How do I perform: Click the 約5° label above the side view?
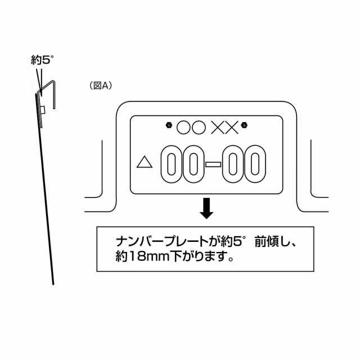point(42,60)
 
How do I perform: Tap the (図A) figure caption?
point(101,85)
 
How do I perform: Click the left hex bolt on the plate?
point(169,125)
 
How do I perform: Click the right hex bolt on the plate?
point(244,125)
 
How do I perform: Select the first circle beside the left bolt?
point(183,128)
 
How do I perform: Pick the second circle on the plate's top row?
point(199,128)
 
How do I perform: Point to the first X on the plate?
point(218,128)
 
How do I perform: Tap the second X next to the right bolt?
point(232,128)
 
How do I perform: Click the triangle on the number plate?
point(145,162)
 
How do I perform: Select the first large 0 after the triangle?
point(171,164)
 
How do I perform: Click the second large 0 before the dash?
point(193,164)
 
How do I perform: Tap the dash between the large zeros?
point(213,164)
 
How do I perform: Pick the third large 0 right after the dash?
point(233,164)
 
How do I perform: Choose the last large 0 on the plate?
point(255,164)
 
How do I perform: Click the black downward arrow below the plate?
point(206,208)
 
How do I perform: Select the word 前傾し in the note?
point(272,241)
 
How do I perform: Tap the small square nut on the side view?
point(43,110)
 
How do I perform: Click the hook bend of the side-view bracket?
point(52,82)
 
